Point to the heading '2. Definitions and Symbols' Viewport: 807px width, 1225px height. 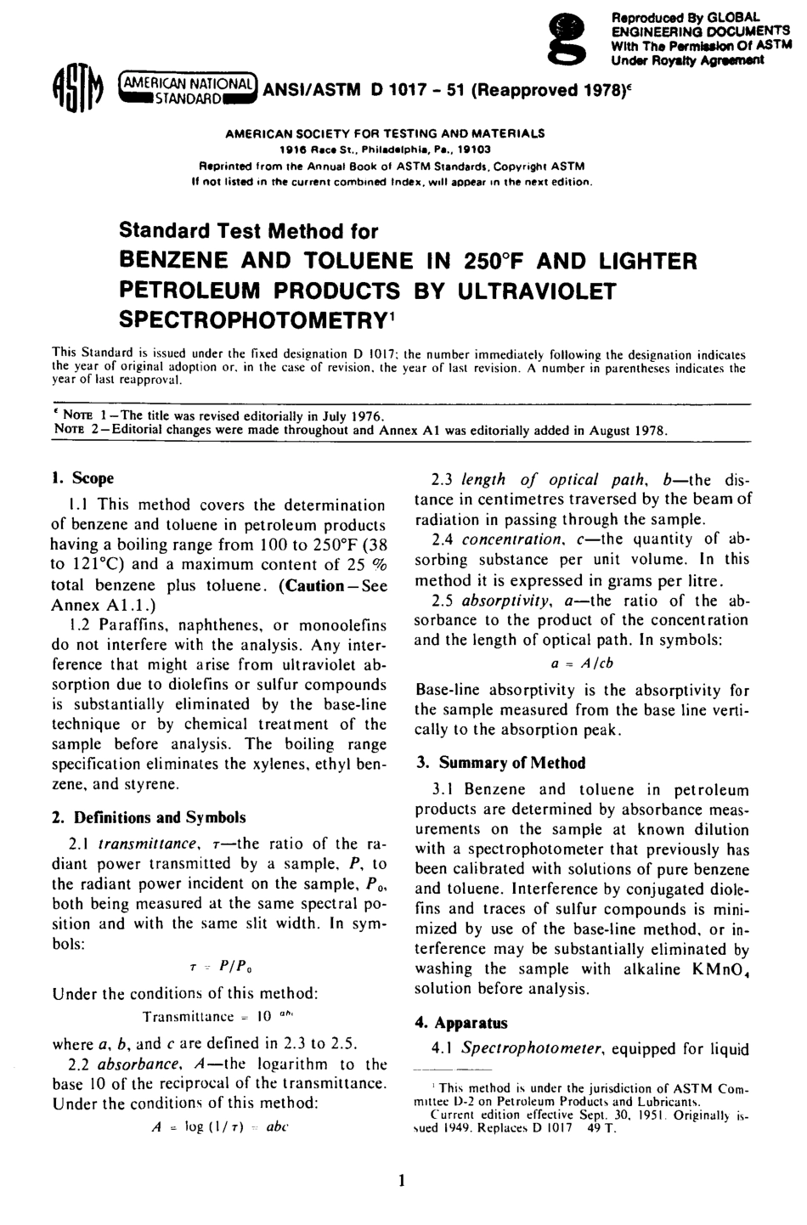[149, 817]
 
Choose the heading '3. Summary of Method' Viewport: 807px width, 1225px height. [500, 763]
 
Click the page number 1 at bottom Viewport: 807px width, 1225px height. [403, 1180]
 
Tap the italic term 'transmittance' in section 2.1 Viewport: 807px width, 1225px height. [150, 844]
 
